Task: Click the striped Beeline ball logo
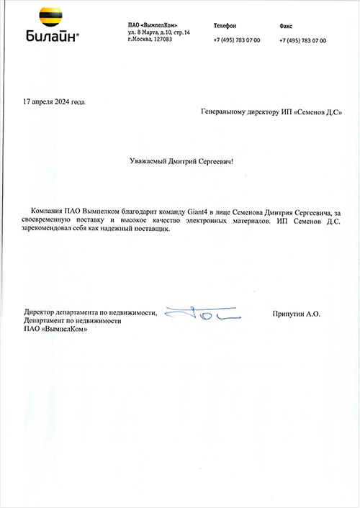point(49,18)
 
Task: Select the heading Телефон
point(225,26)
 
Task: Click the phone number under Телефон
point(237,40)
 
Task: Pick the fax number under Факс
point(302,40)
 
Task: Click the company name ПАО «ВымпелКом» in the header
point(153,26)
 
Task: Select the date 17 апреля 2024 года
point(54,101)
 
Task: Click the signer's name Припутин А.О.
point(297,314)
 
